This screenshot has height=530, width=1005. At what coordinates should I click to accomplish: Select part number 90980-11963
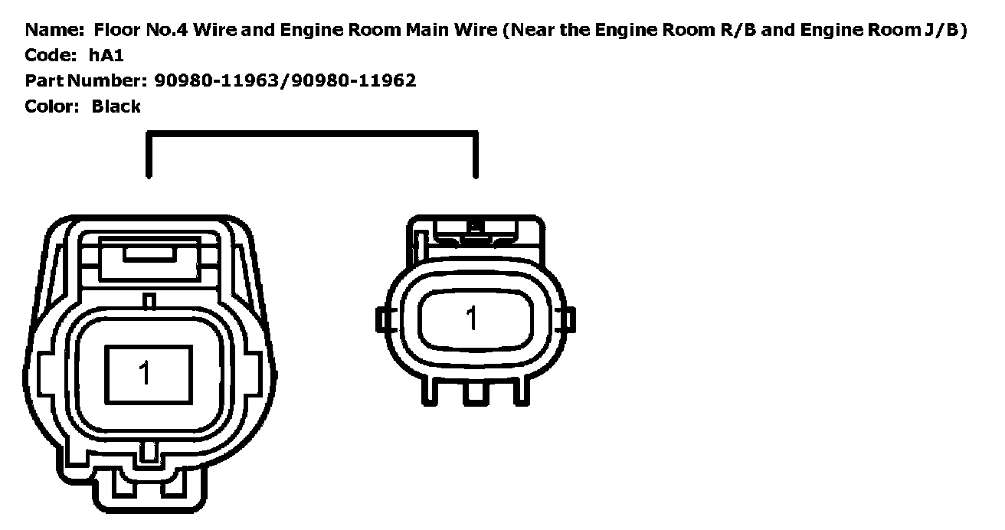(218, 80)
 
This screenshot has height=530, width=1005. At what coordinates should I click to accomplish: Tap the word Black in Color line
(116, 106)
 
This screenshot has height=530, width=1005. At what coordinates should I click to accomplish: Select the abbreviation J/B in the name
(941, 31)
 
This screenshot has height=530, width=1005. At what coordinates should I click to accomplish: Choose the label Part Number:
(85, 80)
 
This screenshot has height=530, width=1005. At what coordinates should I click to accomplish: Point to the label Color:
(52, 106)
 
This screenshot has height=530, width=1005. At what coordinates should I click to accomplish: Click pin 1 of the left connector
(144, 373)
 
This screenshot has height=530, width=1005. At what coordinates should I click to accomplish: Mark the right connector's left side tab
(382, 319)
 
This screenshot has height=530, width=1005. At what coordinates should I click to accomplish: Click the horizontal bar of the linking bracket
(313, 136)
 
